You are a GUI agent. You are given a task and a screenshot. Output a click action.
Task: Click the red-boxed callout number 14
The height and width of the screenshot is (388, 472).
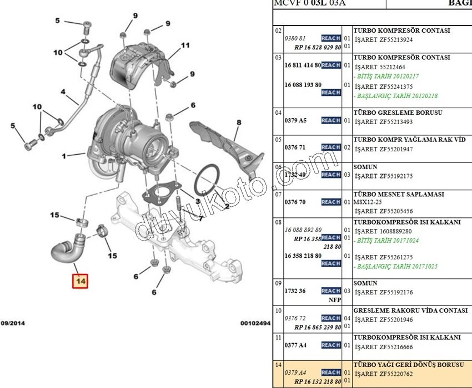[x=81, y=282]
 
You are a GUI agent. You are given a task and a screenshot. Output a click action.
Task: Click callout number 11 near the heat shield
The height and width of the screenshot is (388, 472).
[x=185, y=45]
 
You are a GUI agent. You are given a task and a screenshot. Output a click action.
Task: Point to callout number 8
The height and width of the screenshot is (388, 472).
[x=239, y=122]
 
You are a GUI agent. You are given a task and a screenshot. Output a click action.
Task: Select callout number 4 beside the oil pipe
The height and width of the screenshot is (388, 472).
[x=63, y=91]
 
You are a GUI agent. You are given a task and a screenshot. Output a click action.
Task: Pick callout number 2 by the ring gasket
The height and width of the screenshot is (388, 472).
[x=226, y=206]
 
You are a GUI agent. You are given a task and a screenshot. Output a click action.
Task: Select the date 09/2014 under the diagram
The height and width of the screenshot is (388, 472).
[x=12, y=323]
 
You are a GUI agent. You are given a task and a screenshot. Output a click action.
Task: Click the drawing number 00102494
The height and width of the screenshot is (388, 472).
[x=255, y=323]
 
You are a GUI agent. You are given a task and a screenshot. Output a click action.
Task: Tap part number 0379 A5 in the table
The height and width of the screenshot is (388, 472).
[x=295, y=120]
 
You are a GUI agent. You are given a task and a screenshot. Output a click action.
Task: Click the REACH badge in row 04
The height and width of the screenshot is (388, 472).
[x=331, y=120]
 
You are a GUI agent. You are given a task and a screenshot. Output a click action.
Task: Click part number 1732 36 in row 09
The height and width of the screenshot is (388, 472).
[x=295, y=290]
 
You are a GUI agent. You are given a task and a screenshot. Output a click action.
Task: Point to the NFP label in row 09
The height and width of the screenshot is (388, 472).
[x=334, y=300]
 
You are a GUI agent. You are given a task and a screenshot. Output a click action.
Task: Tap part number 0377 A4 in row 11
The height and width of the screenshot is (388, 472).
[x=295, y=345]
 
